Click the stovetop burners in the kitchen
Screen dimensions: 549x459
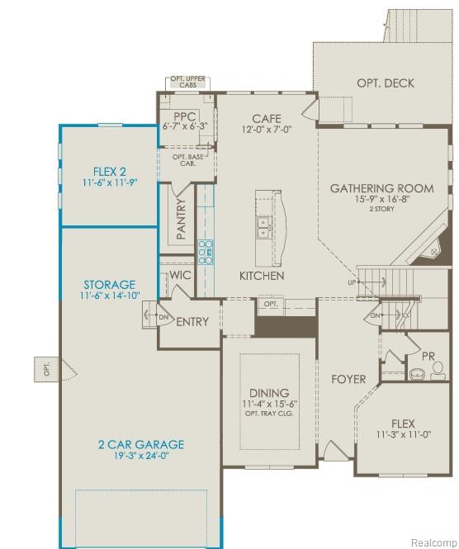[x=206, y=250]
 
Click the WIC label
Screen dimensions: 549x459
[x=181, y=277]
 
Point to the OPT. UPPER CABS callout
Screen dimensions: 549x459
[x=187, y=82]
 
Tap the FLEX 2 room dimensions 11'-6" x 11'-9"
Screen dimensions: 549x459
[x=108, y=182]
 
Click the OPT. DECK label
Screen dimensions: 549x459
[x=385, y=83]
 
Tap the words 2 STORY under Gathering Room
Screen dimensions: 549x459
[x=381, y=210]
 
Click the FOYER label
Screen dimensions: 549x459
[x=348, y=380]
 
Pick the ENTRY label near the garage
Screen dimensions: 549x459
[x=192, y=322]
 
